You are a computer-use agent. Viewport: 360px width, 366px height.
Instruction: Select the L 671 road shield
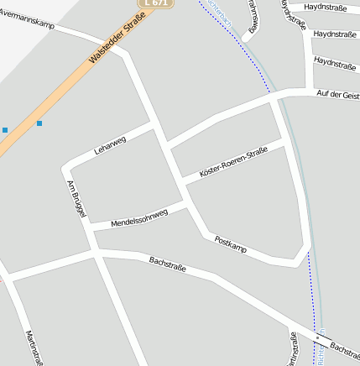(155, 3)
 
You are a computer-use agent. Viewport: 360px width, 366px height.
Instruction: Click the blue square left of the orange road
(4, 130)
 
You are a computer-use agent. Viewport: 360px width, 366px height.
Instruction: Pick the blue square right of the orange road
(39, 123)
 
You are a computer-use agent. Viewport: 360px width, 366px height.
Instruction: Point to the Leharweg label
(110, 144)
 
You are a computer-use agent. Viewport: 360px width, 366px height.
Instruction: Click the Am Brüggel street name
(76, 199)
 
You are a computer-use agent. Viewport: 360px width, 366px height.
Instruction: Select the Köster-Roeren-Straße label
(233, 162)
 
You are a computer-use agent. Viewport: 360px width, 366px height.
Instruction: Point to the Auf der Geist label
(337, 95)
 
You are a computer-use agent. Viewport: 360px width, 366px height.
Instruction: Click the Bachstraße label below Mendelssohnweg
(167, 265)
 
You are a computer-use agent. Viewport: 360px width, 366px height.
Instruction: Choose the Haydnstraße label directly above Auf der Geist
(335, 62)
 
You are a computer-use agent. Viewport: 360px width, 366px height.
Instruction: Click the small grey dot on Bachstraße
(317, 337)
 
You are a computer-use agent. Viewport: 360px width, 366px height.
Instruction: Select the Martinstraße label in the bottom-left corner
(34, 348)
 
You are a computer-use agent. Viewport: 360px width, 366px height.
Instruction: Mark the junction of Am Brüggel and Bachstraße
(95, 250)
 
